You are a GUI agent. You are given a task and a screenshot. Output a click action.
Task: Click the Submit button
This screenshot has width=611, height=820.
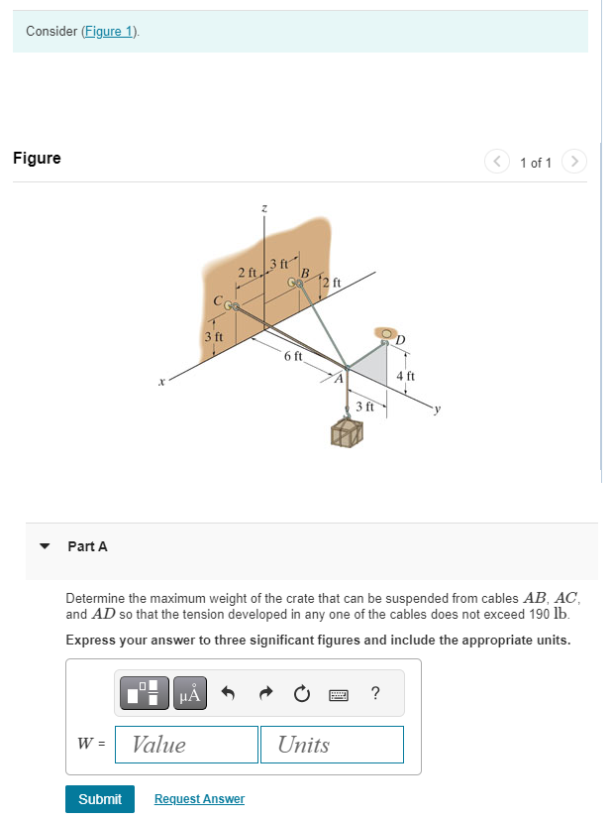click(99, 798)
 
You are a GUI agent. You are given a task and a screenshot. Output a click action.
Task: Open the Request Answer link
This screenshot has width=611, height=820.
click(199, 798)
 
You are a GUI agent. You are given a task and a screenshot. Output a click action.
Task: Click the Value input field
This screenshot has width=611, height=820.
click(186, 745)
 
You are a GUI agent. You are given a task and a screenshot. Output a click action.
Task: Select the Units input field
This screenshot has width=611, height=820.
click(332, 745)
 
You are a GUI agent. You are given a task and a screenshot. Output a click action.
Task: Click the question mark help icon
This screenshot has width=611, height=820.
click(375, 694)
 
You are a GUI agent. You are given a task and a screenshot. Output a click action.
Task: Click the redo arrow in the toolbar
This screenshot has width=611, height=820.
click(265, 694)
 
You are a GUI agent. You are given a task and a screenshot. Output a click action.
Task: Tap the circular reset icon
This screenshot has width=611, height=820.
click(302, 694)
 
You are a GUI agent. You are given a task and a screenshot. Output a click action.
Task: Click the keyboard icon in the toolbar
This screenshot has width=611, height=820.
click(339, 694)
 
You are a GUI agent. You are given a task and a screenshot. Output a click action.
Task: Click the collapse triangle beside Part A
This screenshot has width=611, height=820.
click(44, 546)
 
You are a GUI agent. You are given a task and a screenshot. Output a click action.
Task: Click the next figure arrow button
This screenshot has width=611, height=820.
click(574, 162)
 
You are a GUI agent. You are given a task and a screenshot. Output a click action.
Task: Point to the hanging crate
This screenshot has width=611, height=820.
click(348, 432)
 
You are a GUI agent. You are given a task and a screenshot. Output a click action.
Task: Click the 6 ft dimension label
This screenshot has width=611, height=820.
click(292, 356)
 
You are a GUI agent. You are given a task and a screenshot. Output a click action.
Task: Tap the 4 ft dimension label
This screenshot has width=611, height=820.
click(405, 376)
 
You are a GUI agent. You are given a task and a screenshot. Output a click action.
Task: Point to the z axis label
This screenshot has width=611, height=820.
click(263, 208)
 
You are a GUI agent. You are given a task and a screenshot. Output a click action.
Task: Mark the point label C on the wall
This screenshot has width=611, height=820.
click(216, 299)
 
